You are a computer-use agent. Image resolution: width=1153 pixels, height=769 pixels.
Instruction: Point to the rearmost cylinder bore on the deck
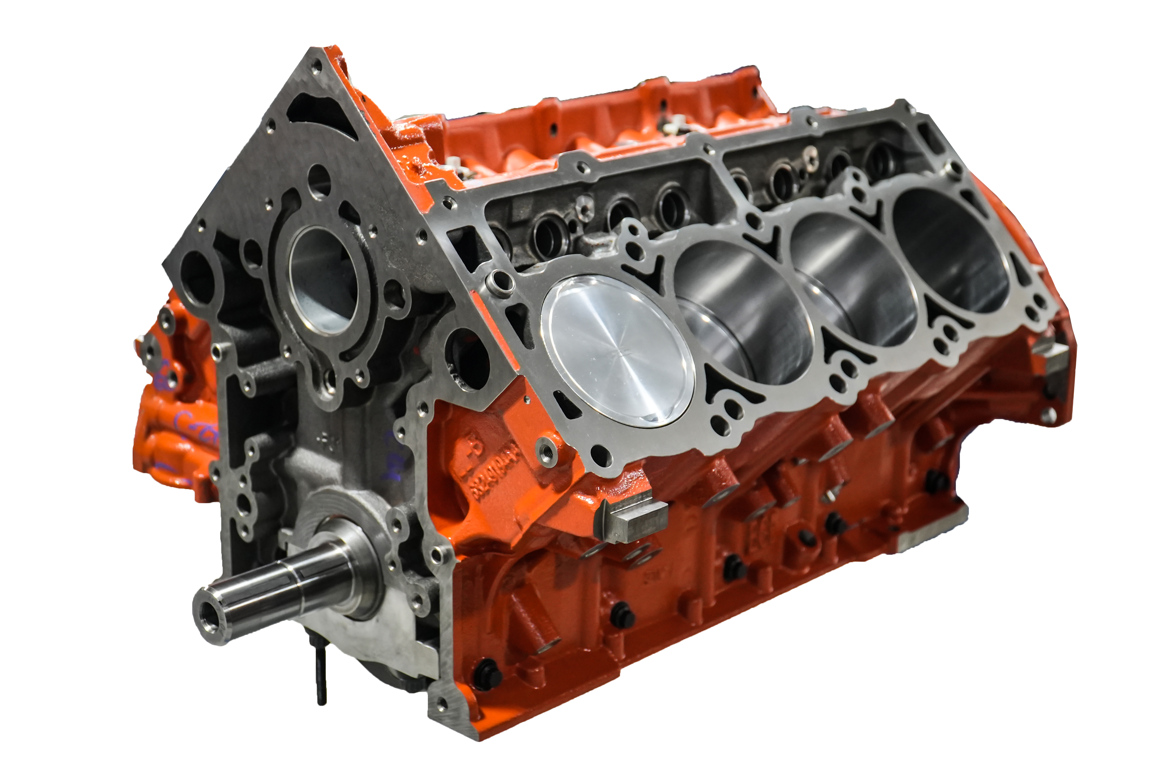tap(951, 250)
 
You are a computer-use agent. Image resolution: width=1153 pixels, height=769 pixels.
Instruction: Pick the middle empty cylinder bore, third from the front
tap(855, 280)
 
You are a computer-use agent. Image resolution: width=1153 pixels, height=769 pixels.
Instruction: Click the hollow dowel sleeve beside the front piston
tap(499, 282)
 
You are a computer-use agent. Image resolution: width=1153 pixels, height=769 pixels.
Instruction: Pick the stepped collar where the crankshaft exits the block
tap(353, 569)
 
